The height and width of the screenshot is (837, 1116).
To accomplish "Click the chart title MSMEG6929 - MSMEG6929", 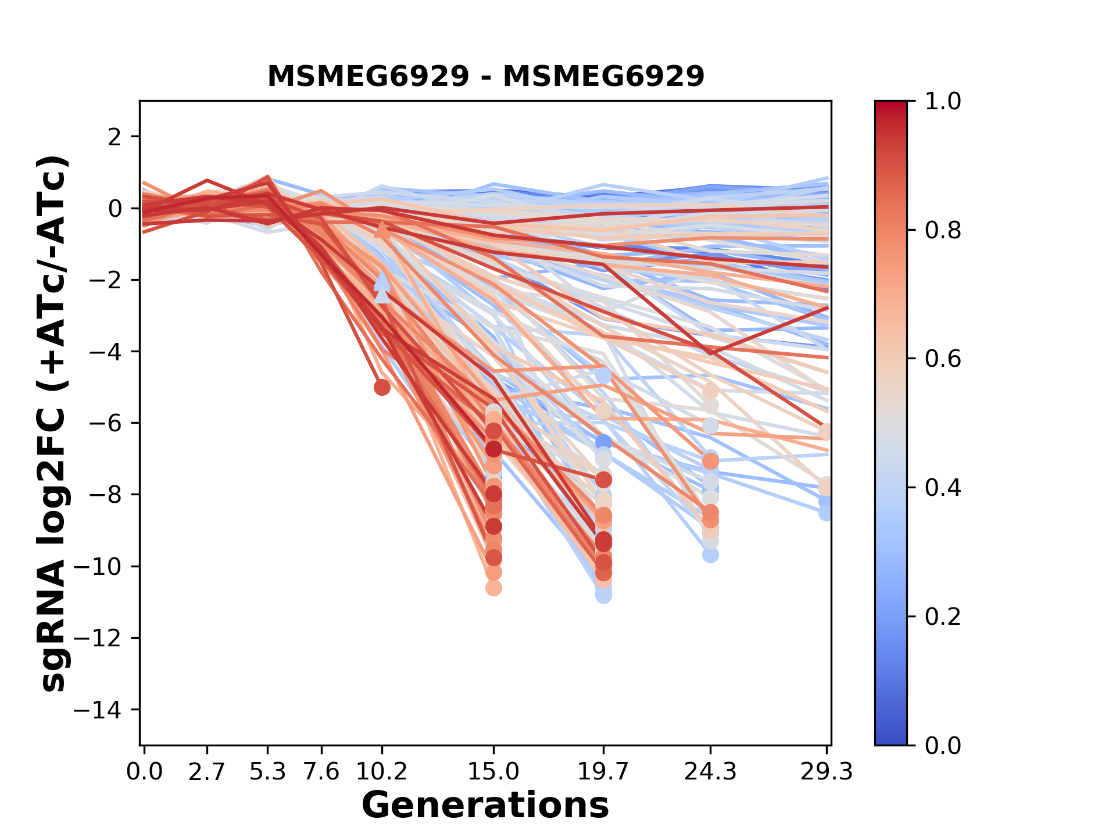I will (485, 76).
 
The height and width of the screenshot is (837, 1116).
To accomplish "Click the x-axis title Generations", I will (485, 806).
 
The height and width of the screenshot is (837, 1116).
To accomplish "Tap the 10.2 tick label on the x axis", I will (382, 772).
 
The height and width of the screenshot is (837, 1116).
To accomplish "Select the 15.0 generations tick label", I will (493, 772).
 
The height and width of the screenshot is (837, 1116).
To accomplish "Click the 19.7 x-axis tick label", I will (603, 772).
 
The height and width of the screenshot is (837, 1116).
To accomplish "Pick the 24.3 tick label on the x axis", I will (710, 772).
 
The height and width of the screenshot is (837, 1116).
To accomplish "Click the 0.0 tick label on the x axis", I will (144, 772).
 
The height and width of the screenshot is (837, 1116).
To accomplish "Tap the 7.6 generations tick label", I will (321, 772).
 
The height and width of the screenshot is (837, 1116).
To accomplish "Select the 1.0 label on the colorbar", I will (943, 102).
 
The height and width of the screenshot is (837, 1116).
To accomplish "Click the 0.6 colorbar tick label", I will (943, 359).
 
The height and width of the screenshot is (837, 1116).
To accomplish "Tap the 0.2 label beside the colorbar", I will (943, 617).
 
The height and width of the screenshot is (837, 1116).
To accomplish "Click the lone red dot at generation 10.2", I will (382, 387).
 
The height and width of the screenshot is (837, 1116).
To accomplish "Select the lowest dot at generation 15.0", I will (493, 588).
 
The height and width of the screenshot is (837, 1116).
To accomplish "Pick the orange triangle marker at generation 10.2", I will (382, 230).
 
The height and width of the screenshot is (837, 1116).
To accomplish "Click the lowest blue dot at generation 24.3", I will (710, 555).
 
